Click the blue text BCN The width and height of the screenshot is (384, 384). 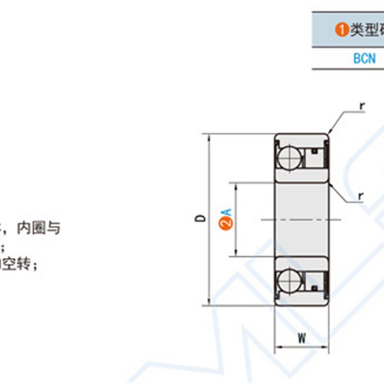(364, 59)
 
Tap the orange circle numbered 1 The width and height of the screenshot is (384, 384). (342, 30)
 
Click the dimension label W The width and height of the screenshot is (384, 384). (301, 338)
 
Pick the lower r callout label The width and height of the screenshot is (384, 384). (360, 196)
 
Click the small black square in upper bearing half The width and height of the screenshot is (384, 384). (314, 151)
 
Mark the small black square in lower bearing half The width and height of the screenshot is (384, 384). (314, 288)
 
